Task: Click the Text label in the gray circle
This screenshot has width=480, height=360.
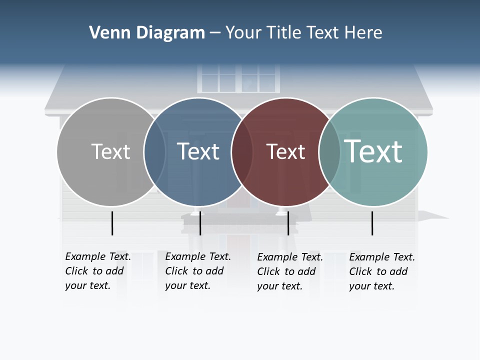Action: (110, 151)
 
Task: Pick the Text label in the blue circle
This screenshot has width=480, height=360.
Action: (198, 151)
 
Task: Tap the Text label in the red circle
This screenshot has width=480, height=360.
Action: (285, 151)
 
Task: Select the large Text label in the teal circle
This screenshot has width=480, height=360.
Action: (373, 151)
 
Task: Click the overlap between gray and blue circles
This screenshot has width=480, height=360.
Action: (154, 151)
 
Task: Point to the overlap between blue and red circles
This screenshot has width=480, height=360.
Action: (242, 151)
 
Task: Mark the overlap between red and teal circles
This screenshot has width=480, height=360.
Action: (329, 151)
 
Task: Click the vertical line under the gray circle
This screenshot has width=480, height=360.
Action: (112, 223)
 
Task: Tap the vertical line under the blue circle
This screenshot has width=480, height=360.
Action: (200, 223)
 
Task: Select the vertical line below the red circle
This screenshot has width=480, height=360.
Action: (288, 223)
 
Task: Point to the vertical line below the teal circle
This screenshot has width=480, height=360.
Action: (372, 223)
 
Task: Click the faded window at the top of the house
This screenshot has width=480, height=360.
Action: (239, 78)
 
